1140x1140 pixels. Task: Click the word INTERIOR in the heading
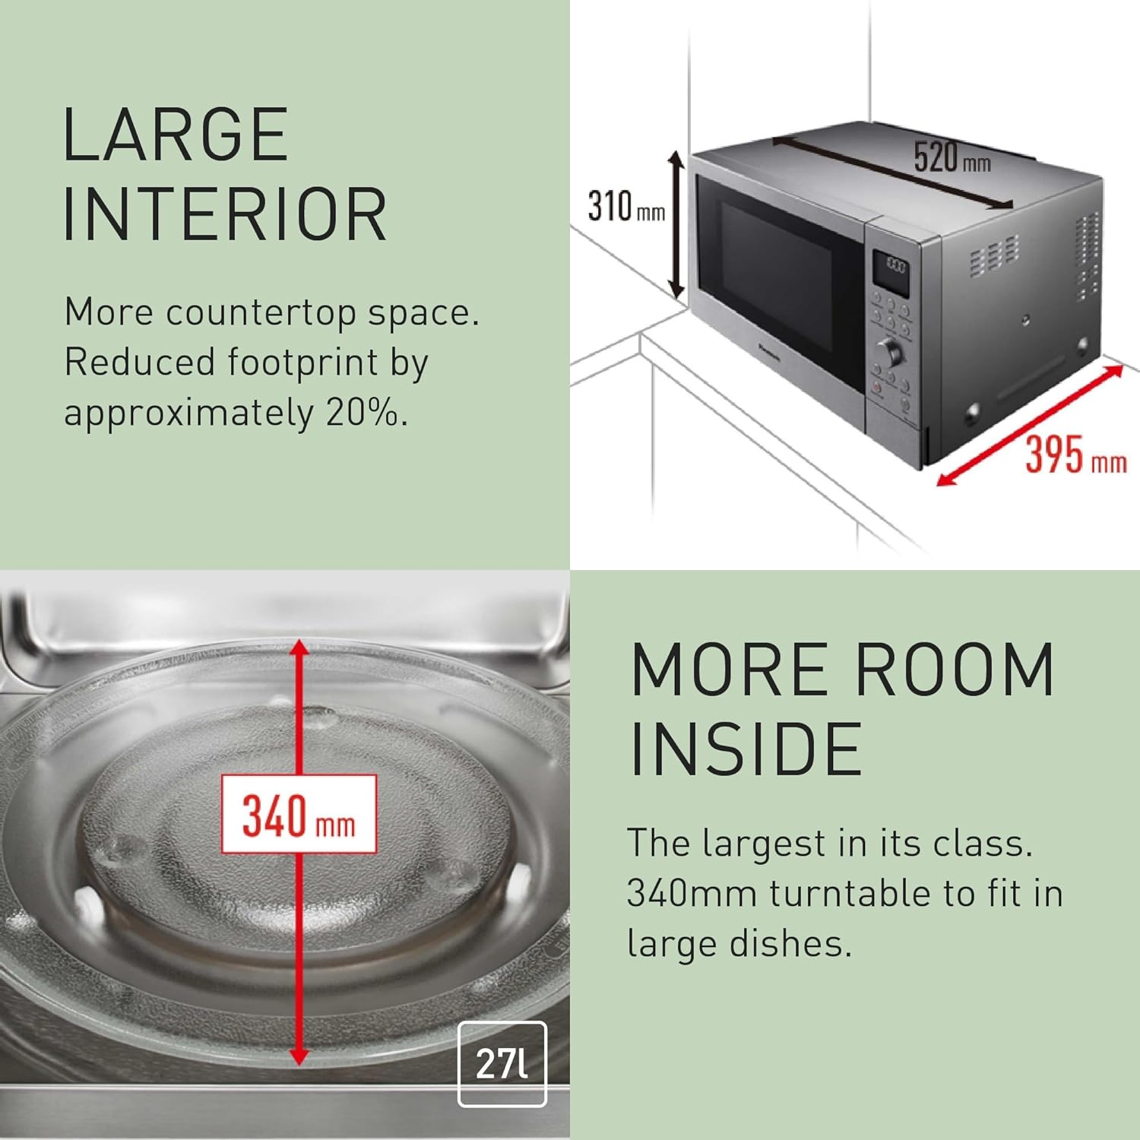click(x=226, y=214)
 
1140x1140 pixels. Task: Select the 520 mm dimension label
click(x=952, y=157)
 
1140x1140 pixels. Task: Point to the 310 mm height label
click(x=626, y=206)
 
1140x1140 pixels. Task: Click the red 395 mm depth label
click(x=1075, y=454)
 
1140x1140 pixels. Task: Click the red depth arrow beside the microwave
click(x=1030, y=425)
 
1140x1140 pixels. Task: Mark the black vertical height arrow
click(x=676, y=224)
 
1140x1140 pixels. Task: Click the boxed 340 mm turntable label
click(x=299, y=813)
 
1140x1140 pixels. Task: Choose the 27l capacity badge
click(x=502, y=1063)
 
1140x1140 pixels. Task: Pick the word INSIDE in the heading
click(x=746, y=749)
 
